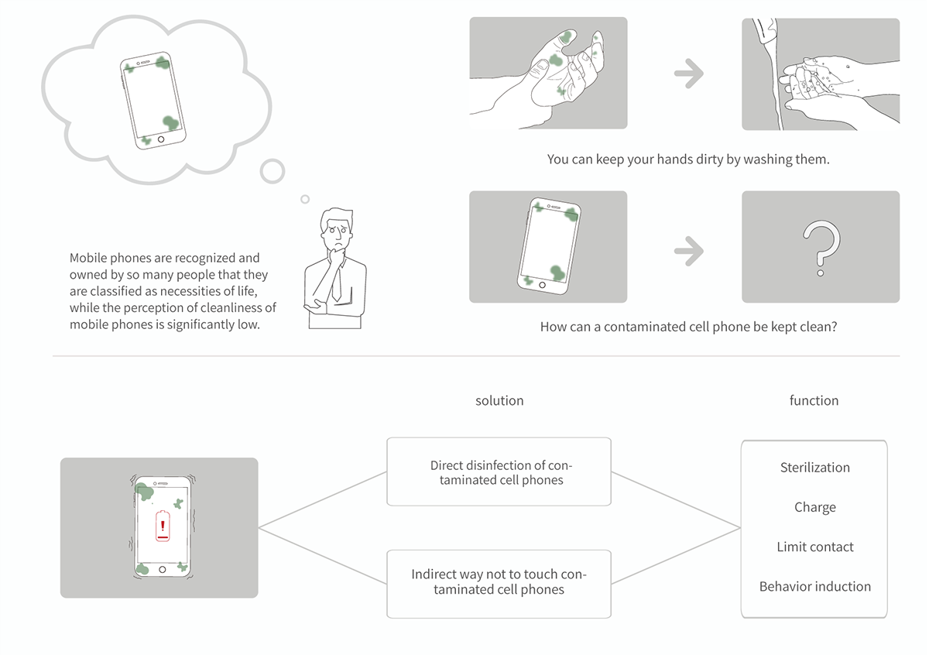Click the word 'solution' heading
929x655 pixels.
pyautogui.click(x=499, y=401)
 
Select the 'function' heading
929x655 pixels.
pyautogui.click(x=814, y=400)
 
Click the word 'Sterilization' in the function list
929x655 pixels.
pyautogui.click(x=814, y=468)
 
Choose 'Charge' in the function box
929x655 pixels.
pyautogui.click(x=814, y=508)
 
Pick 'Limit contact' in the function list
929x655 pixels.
pyautogui.click(x=814, y=547)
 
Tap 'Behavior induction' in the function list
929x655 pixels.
pyautogui.click(x=814, y=587)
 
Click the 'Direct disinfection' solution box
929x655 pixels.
pyautogui.click(x=499, y=472)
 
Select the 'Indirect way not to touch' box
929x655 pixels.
pyautogui.click(x=499, y=583)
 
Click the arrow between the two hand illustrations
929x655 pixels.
pyautogui.click(x=688, y=74)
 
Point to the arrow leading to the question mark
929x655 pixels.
pyautogui.click(x=688, y=250)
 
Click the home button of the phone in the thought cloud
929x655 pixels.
pyautogui.click(x=161, y=140)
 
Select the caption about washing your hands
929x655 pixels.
pyautogui.click(x=687, y=159)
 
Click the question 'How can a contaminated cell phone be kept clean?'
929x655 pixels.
pyautogui.click(x=687, y=327)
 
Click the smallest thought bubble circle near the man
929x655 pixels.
pyautogui.click(x=305, y=199)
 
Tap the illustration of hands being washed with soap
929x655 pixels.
pyautogui.click(x=821, y=74)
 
